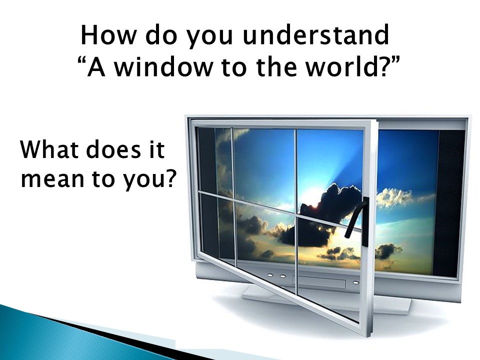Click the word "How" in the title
click(x=108, y=35)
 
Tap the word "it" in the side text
click(x=157, y=149)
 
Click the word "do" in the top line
click(x=161, y=35)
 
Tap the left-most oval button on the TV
click(x=270, y=275)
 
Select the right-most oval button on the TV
click(x=355, y=282)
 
